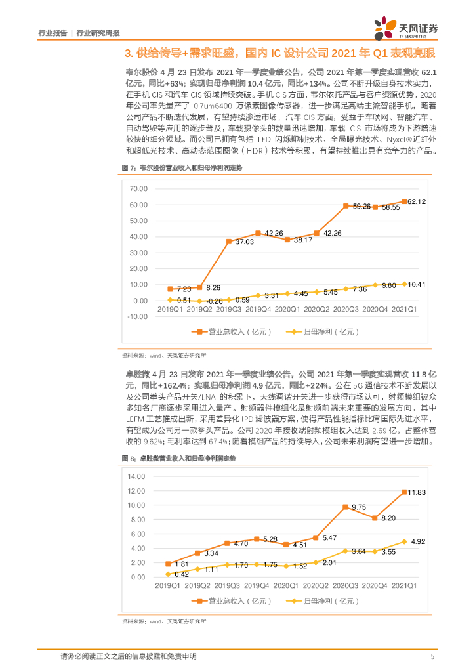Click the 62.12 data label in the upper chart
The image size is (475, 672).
(417, 201)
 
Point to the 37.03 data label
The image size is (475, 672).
(239, 241)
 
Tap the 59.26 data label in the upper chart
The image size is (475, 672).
(361, 207)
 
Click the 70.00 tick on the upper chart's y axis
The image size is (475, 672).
(140, 188)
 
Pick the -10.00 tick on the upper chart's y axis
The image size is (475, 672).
(138, 316)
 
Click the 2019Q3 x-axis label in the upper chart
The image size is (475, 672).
(230, 308)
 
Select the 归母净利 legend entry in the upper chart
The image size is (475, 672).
(321, 332)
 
